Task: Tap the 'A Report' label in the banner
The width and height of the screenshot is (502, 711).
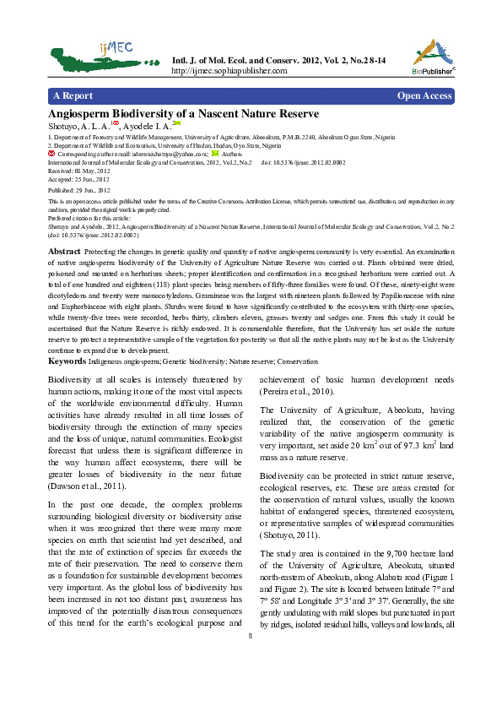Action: pyautogui.click(x=73, y=96)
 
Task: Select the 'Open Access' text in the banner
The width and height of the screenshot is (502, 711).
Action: pyautogui.click(x=424, y=96)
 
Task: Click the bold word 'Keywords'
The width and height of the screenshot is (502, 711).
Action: pyautogui.click(x=67, y=361)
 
